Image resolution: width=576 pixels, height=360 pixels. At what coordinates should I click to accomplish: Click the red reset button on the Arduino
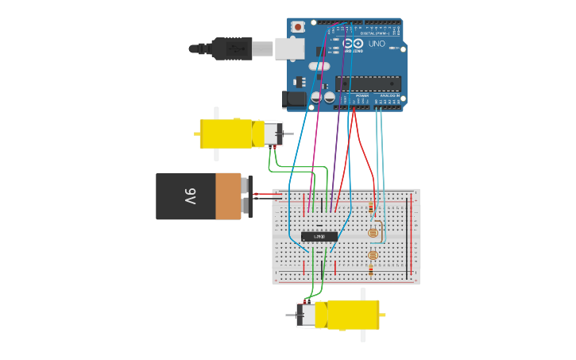point(298,27)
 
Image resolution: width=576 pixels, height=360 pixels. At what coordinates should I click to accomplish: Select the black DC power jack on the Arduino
point(293,99)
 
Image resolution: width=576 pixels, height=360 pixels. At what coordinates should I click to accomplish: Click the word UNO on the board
point(377,44)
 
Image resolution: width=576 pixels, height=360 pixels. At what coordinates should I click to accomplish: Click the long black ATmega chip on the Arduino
point(367,83)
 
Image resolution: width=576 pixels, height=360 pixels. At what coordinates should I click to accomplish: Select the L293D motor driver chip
point(319,236)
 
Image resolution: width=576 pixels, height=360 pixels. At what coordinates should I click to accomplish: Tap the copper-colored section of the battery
point(228,196)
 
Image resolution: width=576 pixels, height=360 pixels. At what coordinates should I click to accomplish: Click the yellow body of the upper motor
point(226,134)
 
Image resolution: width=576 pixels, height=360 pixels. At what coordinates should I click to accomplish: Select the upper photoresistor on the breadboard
point(372,233)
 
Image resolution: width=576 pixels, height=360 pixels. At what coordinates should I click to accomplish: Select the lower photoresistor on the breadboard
point(372,255)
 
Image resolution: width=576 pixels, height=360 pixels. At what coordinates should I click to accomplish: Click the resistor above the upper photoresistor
point(370,208)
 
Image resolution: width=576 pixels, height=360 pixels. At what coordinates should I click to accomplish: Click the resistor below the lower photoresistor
point(370,270)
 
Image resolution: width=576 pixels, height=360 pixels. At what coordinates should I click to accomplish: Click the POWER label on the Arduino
point(361,95)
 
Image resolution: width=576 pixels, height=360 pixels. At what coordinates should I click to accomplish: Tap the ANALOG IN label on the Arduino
point(392,95)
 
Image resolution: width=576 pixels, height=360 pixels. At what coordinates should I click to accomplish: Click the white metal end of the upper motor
point(273,134)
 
